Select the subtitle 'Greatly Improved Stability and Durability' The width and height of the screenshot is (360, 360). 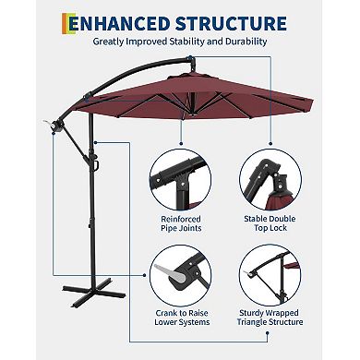[x=179, y=42]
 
